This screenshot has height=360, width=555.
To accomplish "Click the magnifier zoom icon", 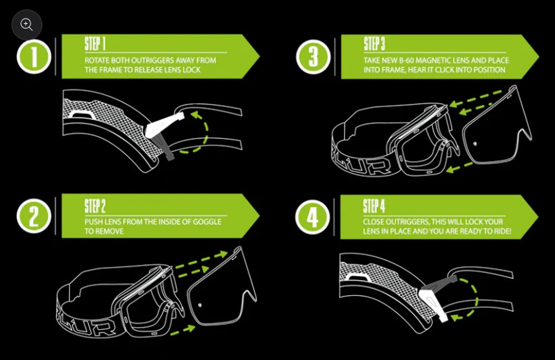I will point(26,25).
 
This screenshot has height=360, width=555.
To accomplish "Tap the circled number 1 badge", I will point(34,57).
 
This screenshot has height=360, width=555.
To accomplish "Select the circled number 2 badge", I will point(34,216).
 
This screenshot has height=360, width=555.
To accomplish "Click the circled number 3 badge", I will point(313,57).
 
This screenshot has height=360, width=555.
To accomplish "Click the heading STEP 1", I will point(95,44).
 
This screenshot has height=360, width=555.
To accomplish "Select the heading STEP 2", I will point(95,207).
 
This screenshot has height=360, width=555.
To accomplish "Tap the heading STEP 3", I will point(374,44).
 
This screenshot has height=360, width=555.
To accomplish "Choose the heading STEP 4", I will point(374,207).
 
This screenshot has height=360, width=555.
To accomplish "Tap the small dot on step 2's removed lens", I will point(199,305).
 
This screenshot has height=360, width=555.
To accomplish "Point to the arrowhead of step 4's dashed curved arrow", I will point(454,318).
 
